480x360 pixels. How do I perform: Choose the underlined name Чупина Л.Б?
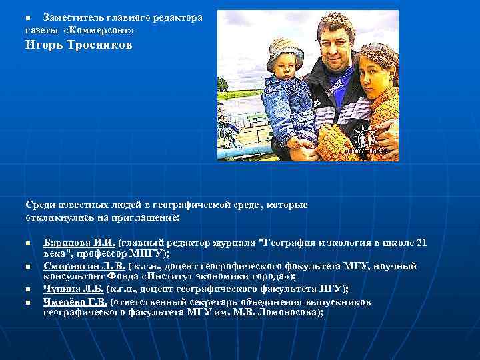73,288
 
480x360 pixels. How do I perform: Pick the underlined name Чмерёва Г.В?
75,302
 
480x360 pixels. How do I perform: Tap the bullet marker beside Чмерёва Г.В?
29,303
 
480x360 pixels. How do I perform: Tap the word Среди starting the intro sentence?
40,205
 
